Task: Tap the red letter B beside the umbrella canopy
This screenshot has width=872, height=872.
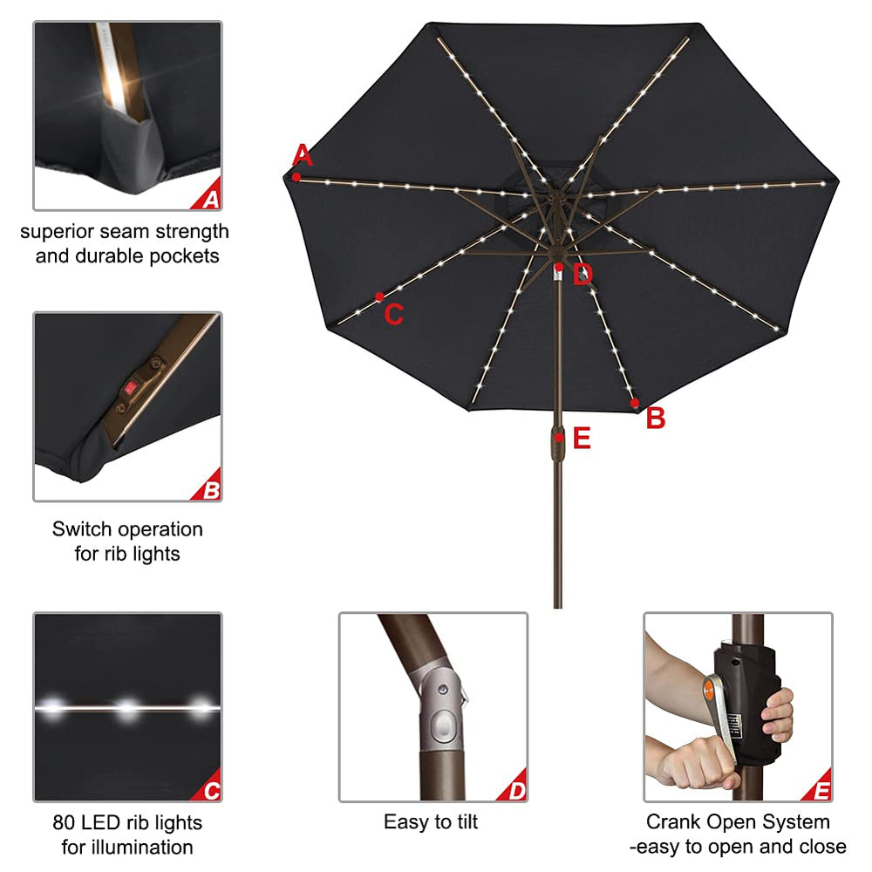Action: pyautogui.click(x=656, y=418)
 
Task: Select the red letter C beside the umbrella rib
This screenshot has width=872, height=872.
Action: pyautogui.click(x=394, y=314)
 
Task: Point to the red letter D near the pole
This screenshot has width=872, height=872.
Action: pyautogui.click(x=582, y=275)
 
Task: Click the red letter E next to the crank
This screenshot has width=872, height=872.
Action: pyautogui.click(x=582, y=439)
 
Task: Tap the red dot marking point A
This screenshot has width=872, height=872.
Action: pyautogui.click(x=297, y=177)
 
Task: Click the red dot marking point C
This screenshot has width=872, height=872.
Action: pyautogui.click(x=379, y=297)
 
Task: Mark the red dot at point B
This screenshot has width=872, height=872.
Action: pyautogui.click(x=635, y=403)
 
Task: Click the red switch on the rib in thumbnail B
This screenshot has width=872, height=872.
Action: pyautogui.click(x=130, y=388)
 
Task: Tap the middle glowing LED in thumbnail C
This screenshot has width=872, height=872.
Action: pyautogui.click(x=128, y=708)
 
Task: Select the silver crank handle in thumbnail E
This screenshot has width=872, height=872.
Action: pyautogui.click(x=719, y=716)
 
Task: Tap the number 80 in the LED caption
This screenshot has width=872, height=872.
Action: pyautogui.click(x=64, y=822)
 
